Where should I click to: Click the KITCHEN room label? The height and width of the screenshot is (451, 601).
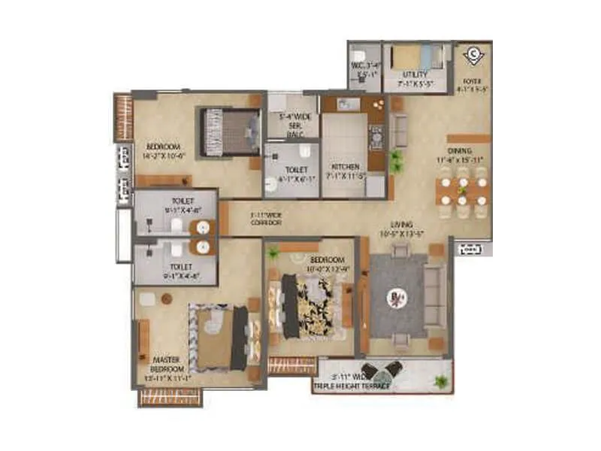pos(345,167)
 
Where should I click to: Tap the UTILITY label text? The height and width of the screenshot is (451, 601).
pos(415,75)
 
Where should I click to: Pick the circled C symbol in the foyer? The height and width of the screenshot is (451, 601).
pos(473,53)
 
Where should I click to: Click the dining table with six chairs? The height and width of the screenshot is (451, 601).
pos(463,191)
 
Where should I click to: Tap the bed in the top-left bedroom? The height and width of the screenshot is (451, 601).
pos(229,132)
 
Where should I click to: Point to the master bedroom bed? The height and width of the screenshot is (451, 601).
pos(218,337)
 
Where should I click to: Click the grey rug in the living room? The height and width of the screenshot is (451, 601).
pos(397,297)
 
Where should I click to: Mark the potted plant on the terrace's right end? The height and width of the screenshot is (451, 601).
pos(441,383)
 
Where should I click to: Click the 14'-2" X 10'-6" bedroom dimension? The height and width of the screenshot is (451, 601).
pos(162,156)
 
